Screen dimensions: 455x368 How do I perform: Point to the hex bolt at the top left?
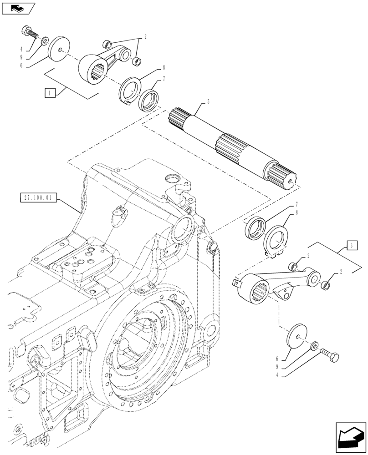pyautogui.click(x=29, y=33)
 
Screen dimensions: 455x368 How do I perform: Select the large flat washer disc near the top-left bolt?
pyautogui.click(x=58, y=48)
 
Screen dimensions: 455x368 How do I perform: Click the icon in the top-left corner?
pyautogui.click(x=18, y=8)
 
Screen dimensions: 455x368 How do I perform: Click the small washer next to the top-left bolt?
pyautogui.click(x=44, y=42)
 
